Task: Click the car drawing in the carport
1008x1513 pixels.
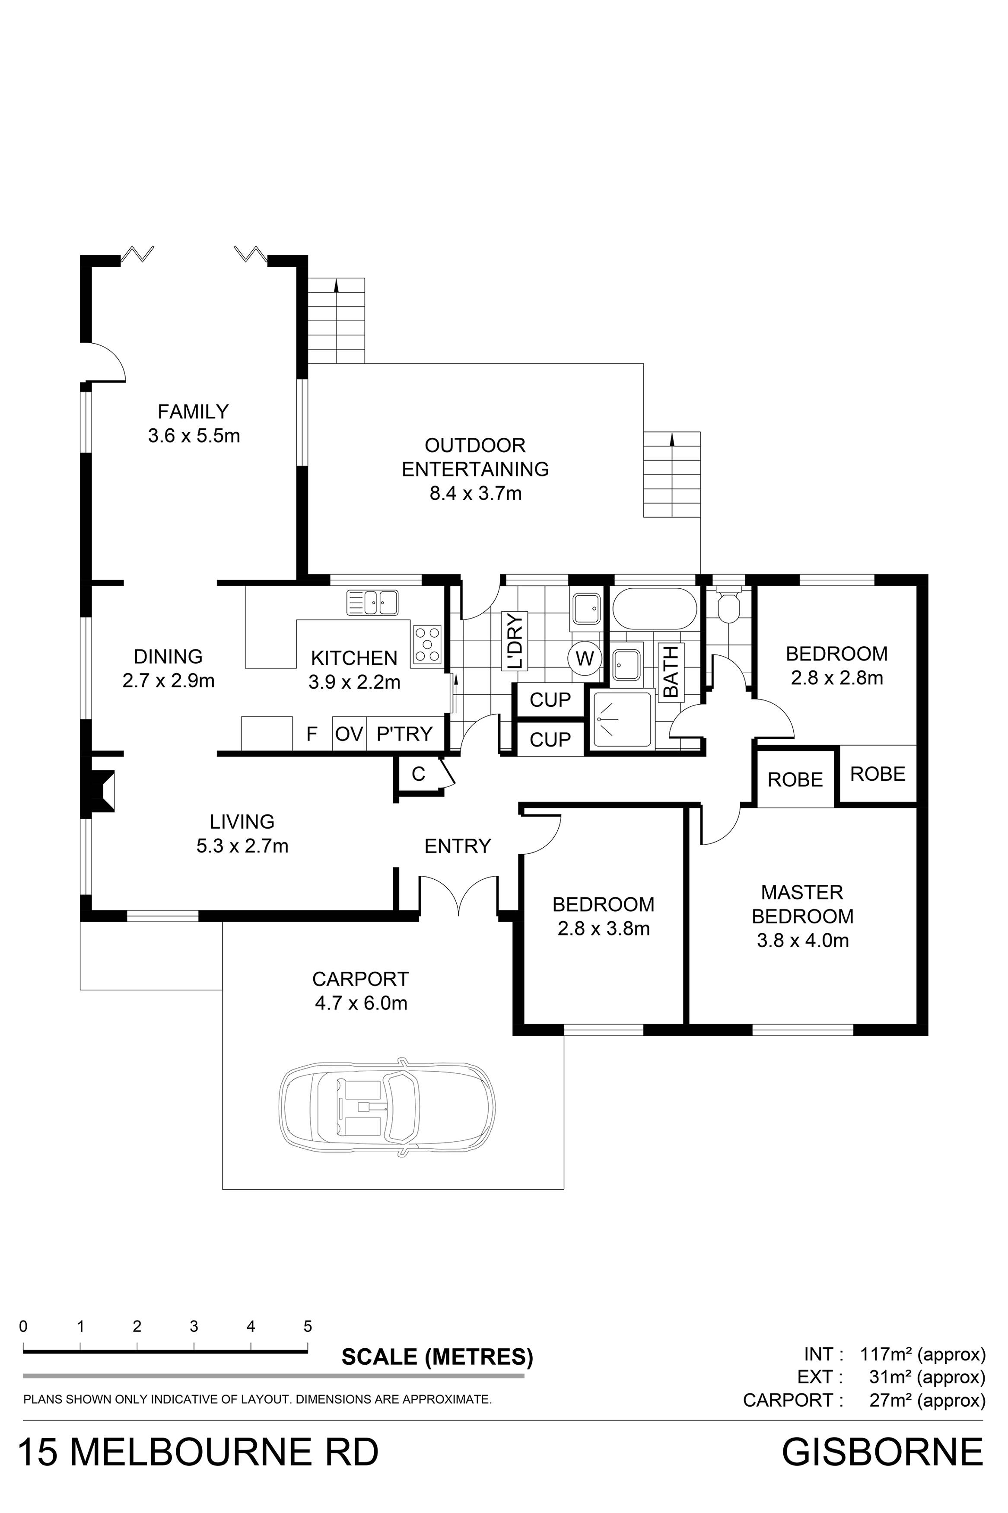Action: tap(388, 1107)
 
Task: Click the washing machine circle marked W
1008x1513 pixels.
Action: tap(584, 658)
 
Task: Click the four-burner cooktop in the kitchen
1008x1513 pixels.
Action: tap(427, 644)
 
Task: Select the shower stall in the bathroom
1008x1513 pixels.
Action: tap(622, 719)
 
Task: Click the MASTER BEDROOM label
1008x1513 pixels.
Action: tap(802, 904)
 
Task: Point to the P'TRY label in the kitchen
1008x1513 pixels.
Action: tap(404, 734)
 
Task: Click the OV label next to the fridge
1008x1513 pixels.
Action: tap(349, 734)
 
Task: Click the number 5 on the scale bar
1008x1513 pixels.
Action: tap(307, 1327)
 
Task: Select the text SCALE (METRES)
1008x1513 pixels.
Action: tap(437, 1357)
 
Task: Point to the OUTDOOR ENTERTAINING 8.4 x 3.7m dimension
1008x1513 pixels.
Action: tap(475, 494)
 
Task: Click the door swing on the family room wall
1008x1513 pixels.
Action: tap(106, 361)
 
